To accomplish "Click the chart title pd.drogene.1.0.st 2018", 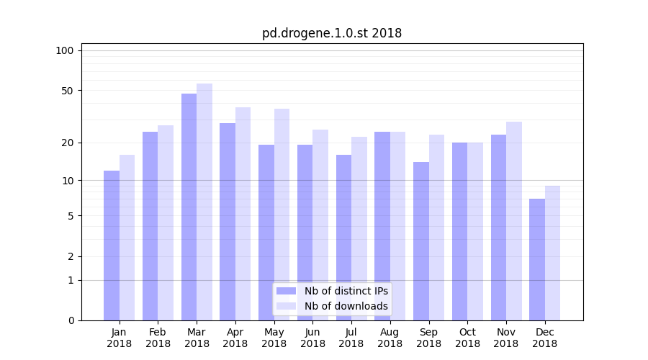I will tap(331, 33).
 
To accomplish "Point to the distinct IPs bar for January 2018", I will tap(112, 246).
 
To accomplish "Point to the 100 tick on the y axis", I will tap(65, 50).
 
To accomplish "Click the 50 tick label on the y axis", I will tap(67, 91).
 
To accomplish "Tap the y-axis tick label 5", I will tap(70, 216).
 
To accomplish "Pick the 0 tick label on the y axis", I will tap(70, 320).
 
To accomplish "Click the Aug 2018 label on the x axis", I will tap(390, 338).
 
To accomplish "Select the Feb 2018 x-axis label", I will tap(158, 338).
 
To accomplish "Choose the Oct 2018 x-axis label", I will tap(467, 338).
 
